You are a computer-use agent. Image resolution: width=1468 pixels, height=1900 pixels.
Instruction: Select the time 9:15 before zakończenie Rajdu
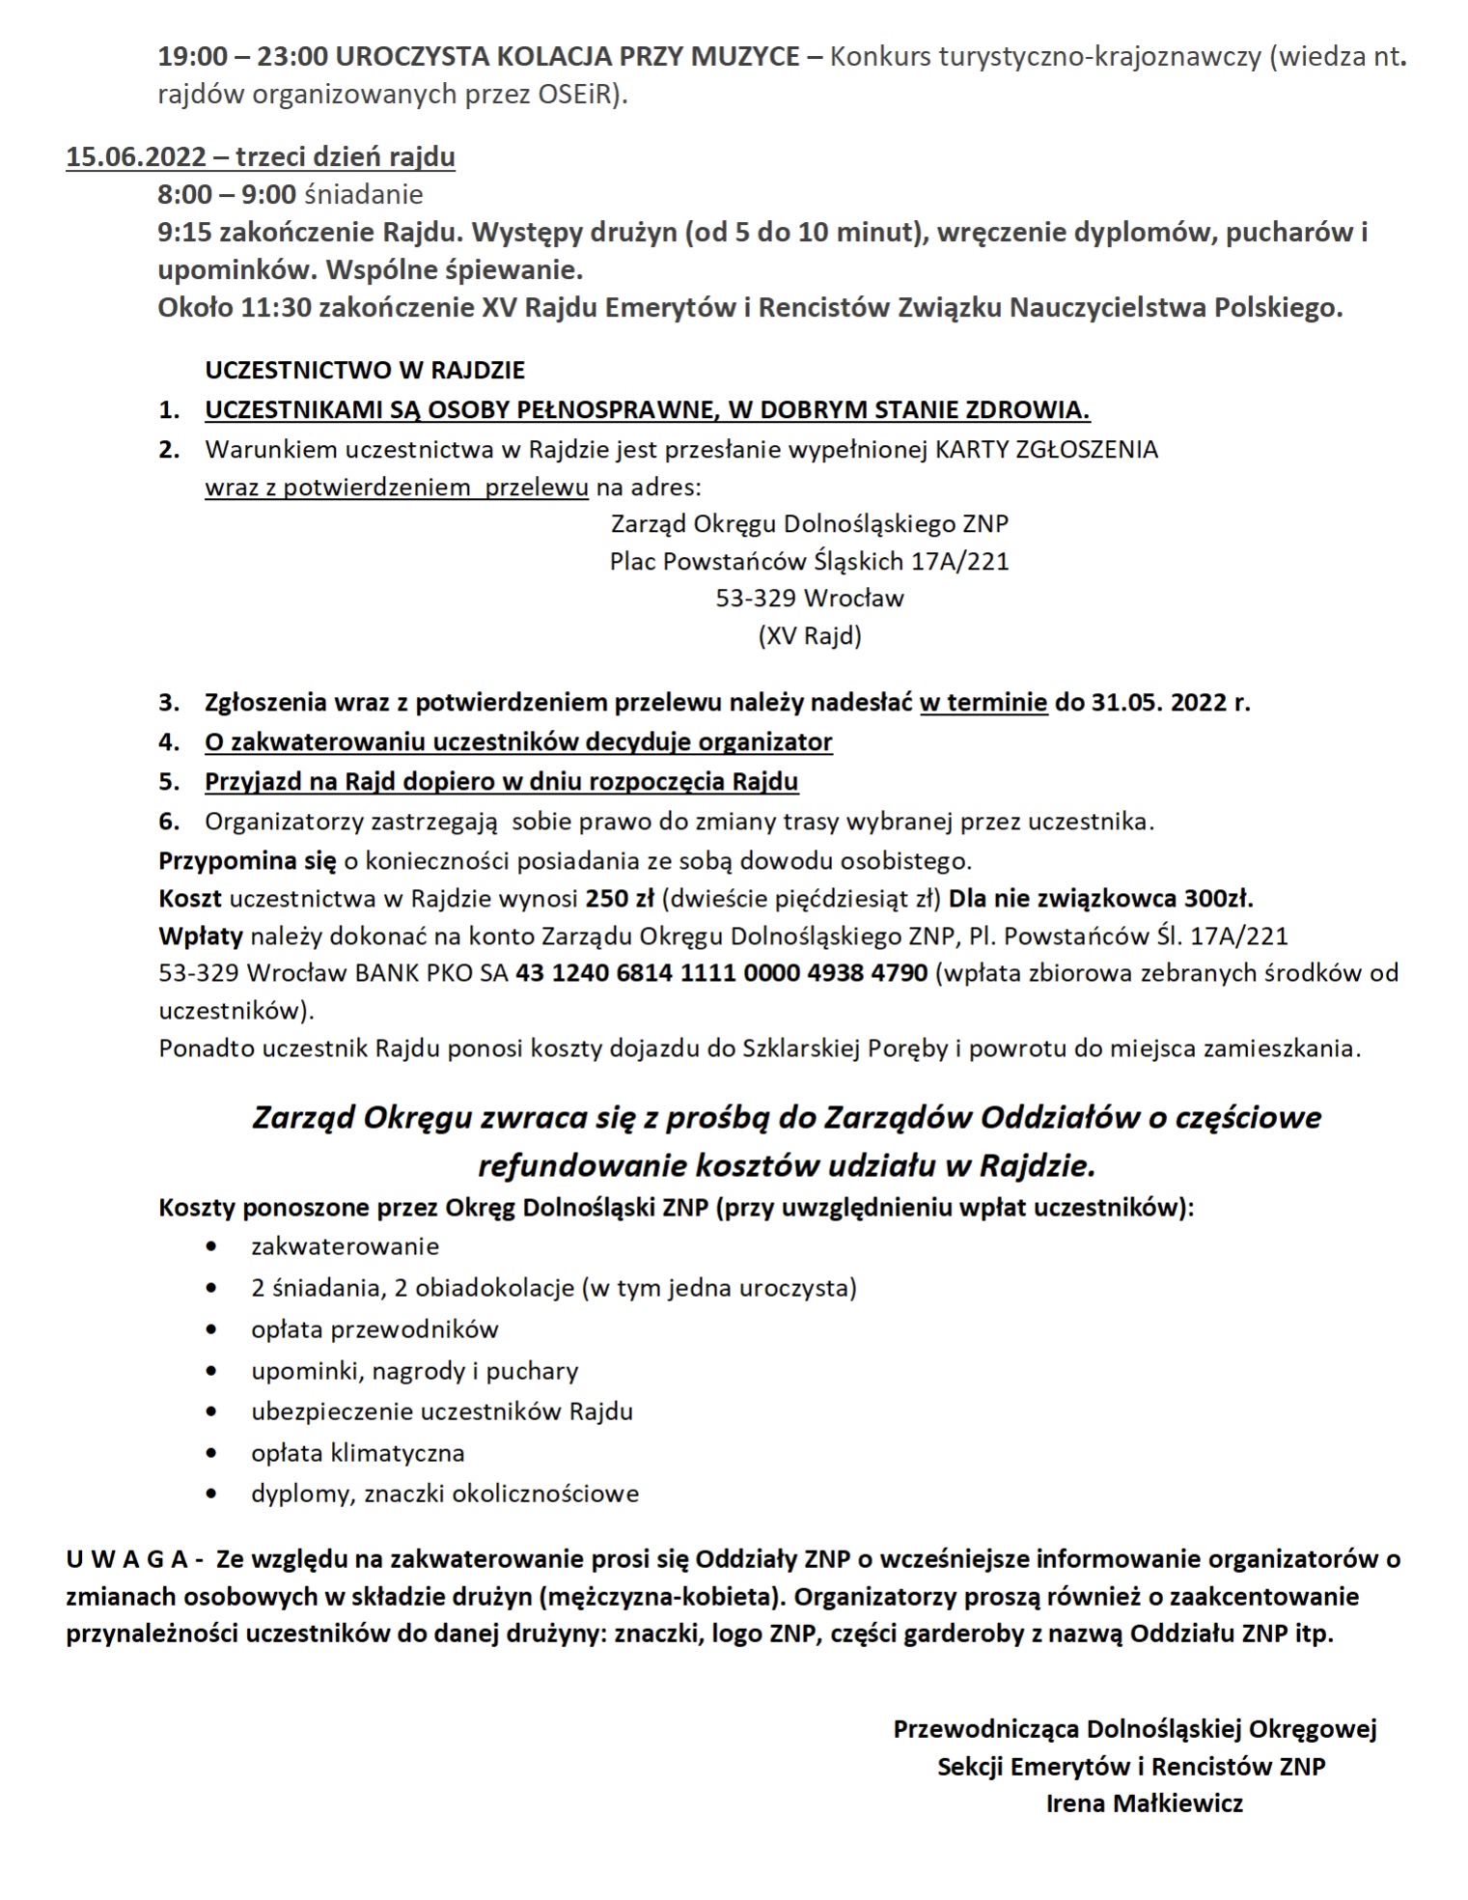click(185, 233)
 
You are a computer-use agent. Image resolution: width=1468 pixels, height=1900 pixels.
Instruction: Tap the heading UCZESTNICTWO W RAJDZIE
click(365, 370)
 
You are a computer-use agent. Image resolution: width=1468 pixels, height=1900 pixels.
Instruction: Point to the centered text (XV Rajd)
click(809, 636)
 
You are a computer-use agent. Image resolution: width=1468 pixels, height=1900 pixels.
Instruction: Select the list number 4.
click(169, 742)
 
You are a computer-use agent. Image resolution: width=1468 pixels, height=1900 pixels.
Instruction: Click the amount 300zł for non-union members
click(1218, 899)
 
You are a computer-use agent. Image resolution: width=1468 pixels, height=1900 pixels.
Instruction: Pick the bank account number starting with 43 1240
click(722, 973)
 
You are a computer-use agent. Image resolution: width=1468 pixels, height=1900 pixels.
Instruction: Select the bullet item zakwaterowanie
click(345, 1246)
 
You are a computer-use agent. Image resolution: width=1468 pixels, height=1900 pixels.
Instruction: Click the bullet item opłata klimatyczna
click(357, 1453)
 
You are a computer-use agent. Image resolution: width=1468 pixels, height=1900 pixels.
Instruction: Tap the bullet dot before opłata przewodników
click(211, 1330)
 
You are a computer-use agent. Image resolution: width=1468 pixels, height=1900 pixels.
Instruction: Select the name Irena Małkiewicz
click(1144, 1802)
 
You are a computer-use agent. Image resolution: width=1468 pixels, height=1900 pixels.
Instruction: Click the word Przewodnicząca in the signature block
click(985, 1728)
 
